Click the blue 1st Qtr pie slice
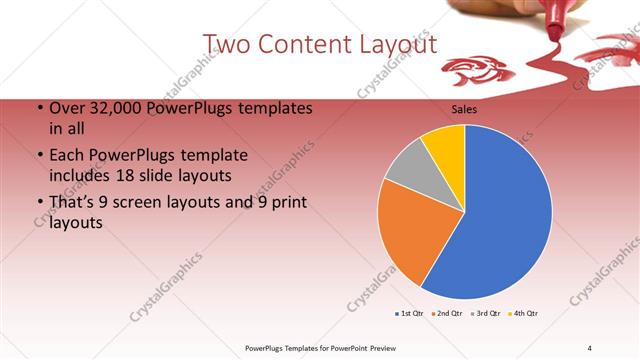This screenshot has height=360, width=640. pos(510,220)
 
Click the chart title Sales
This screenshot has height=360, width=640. pos(466,109)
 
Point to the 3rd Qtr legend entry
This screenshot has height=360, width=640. pos(486,313)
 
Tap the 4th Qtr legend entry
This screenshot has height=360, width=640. pos(524,313)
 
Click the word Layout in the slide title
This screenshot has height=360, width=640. pos(393,44)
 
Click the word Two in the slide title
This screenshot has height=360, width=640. pos(227,44)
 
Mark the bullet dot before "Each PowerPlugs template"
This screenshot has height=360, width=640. pos(39,156)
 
